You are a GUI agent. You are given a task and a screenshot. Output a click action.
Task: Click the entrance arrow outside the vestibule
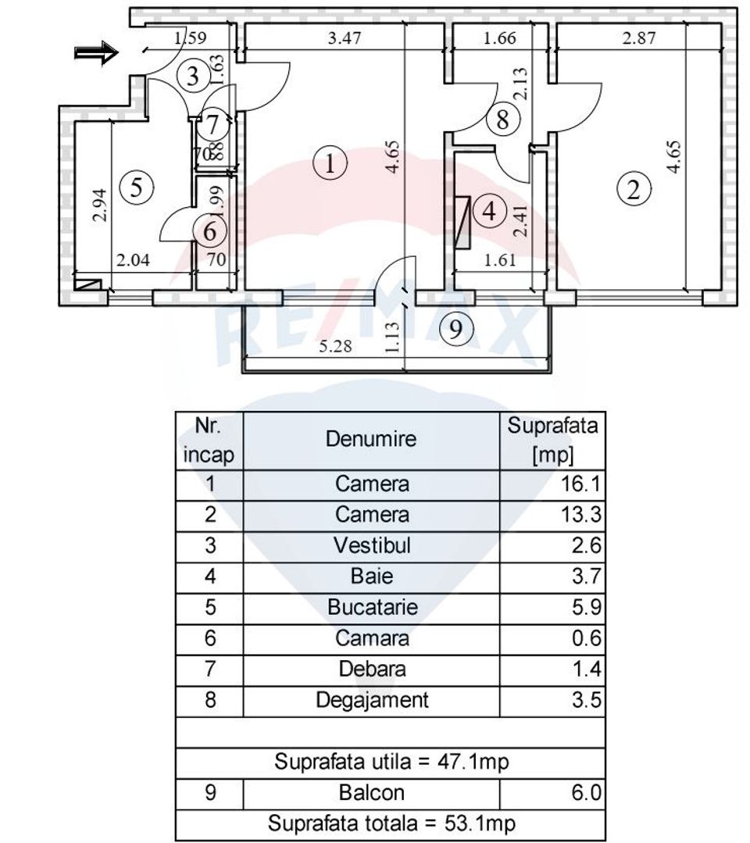95,52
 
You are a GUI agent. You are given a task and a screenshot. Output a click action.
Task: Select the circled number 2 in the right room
634,189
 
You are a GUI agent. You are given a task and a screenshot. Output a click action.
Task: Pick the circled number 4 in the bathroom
490,211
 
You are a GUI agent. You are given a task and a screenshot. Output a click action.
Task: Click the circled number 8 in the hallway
503,120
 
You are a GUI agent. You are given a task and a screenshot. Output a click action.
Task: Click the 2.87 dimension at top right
637,37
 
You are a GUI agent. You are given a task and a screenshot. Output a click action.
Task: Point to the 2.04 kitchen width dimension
133,263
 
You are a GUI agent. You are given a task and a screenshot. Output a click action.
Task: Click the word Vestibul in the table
372,545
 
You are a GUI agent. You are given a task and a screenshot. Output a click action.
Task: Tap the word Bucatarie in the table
372,607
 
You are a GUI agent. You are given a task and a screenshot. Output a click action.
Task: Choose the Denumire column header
372,439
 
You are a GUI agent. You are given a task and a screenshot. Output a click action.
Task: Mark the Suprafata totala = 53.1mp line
392,823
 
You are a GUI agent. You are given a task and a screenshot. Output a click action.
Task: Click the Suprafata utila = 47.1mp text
392,762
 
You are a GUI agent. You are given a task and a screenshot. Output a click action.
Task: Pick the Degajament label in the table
372,700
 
